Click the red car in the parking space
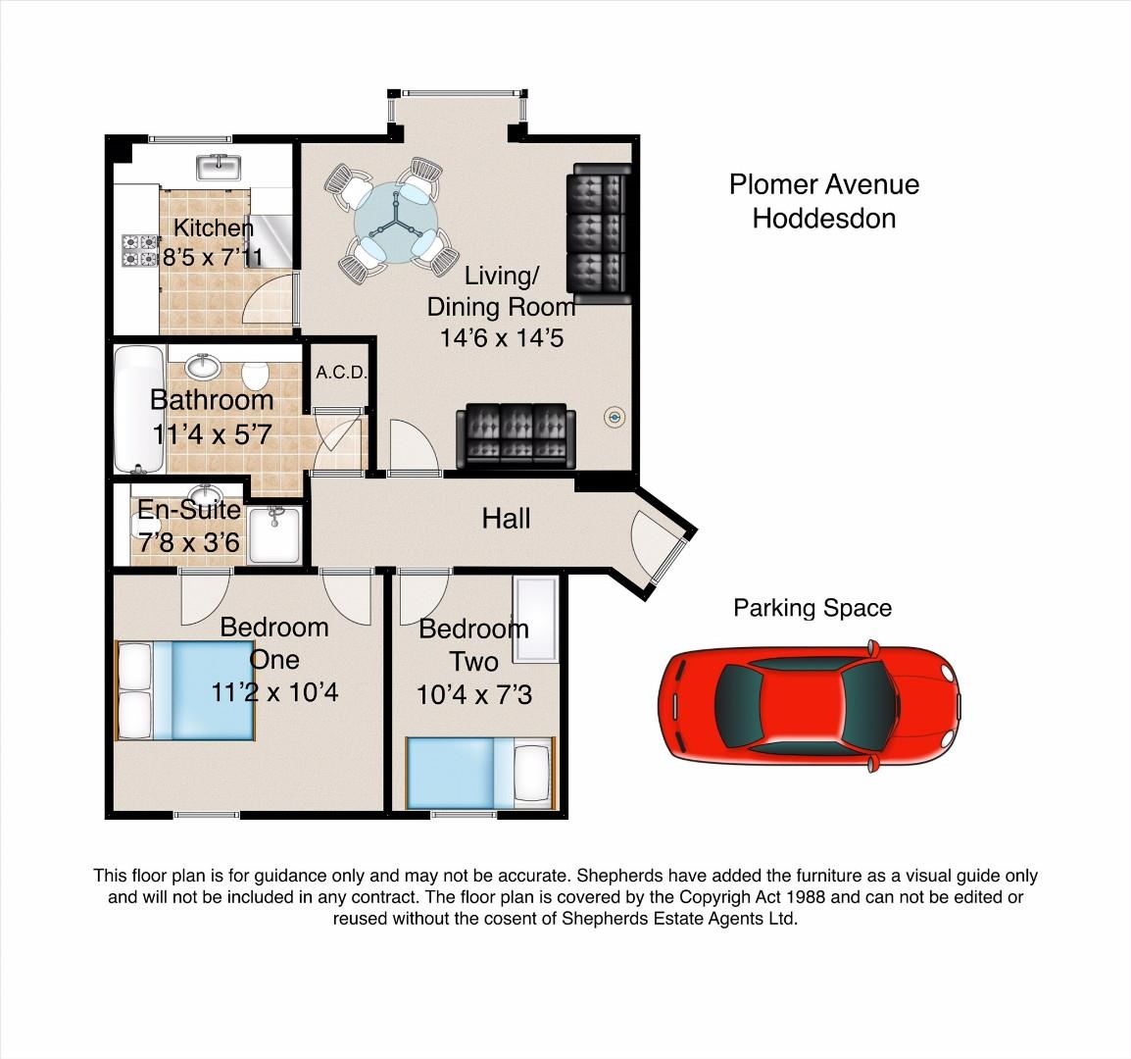[x=810, y=706]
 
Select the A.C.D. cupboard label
[x=342, y=373]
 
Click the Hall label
[x=506, y=519]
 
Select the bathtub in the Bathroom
[x=139, y=409]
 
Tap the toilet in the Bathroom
[x=255, y=375]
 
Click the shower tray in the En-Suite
[x=274, y=534]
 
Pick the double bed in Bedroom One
[x=186, y=690]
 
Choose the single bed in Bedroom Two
[x=480, y=773]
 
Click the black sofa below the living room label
[x=516, y=435]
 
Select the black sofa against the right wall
[x=600, y=233]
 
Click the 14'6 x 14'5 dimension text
[x=501, y=338]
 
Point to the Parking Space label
[x=812, y=608]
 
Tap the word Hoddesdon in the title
[x=823, y=218]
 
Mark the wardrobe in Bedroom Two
[x=536, y=619]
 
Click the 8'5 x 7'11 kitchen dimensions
[x=213, y=256]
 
